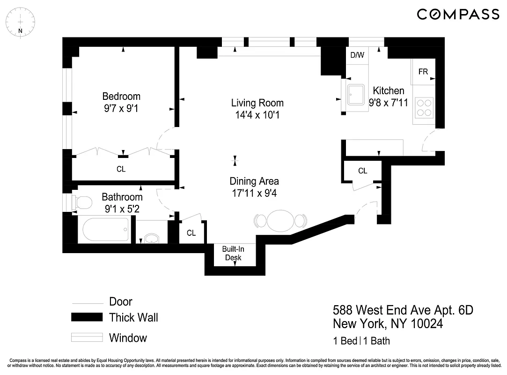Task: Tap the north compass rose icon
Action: (x=20, y=21)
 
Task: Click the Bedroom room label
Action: (x=121, y=96)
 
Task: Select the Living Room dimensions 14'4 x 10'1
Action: (x=257, y=114)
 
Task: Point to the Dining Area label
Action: (x=254, y=181)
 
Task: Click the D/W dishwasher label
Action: (x=357, y=55)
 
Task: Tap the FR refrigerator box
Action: (x=423, y=72)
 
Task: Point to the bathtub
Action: (x=105, y=230)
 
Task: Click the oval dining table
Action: (x=280, y=220)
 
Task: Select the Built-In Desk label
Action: (x=233, y=254)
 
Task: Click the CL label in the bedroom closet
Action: (x=121, y=169)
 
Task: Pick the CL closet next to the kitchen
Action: (x=362, y=171)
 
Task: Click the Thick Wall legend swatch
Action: (x=87, y=317)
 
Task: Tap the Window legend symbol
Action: (x=87, y=337)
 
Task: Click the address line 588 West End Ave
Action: (x=403, y=310)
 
